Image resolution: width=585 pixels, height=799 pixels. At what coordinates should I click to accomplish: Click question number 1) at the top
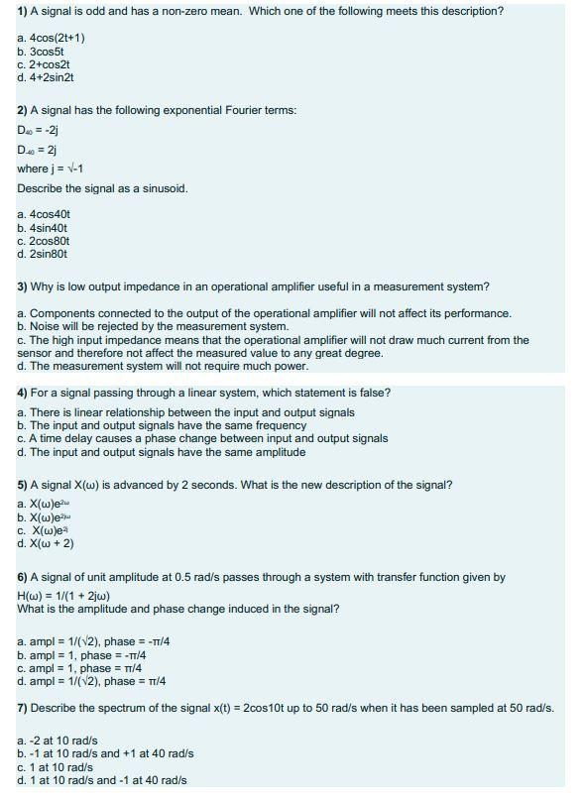coord(24,11)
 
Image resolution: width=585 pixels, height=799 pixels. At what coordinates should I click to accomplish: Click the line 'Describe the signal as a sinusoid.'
coord(102,188)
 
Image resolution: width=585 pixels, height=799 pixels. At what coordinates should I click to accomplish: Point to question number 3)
coord(24,287)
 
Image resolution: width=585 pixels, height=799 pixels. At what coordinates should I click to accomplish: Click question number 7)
coord(24,708)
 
